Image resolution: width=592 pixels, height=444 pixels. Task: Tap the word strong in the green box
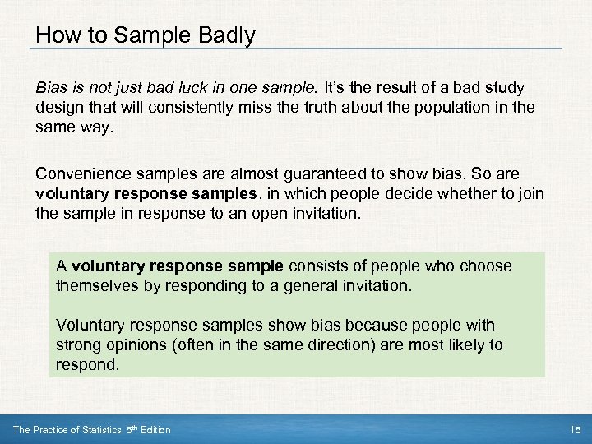point(76,345)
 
